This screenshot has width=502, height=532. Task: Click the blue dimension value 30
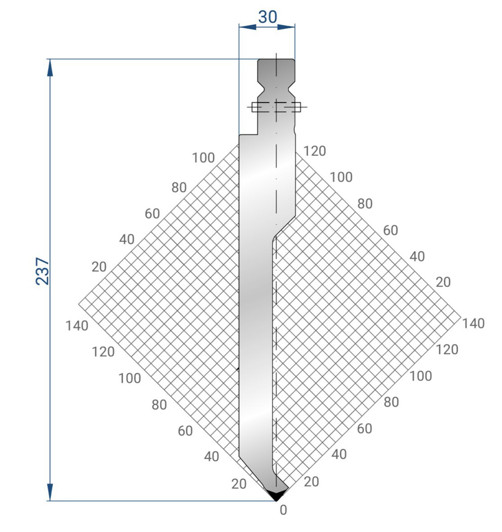click(267, 17)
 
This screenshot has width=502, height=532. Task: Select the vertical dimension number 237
click(43, 271)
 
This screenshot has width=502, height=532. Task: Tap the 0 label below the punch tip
click(283, 510)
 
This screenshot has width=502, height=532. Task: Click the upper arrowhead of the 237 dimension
click(50, 68)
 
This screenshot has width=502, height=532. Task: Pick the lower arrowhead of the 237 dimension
click(50, 492)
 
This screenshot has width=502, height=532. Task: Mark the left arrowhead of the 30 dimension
click(248, 27)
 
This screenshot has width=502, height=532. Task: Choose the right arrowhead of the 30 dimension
click(286, 27)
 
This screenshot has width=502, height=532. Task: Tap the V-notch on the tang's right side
click(291, 87)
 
